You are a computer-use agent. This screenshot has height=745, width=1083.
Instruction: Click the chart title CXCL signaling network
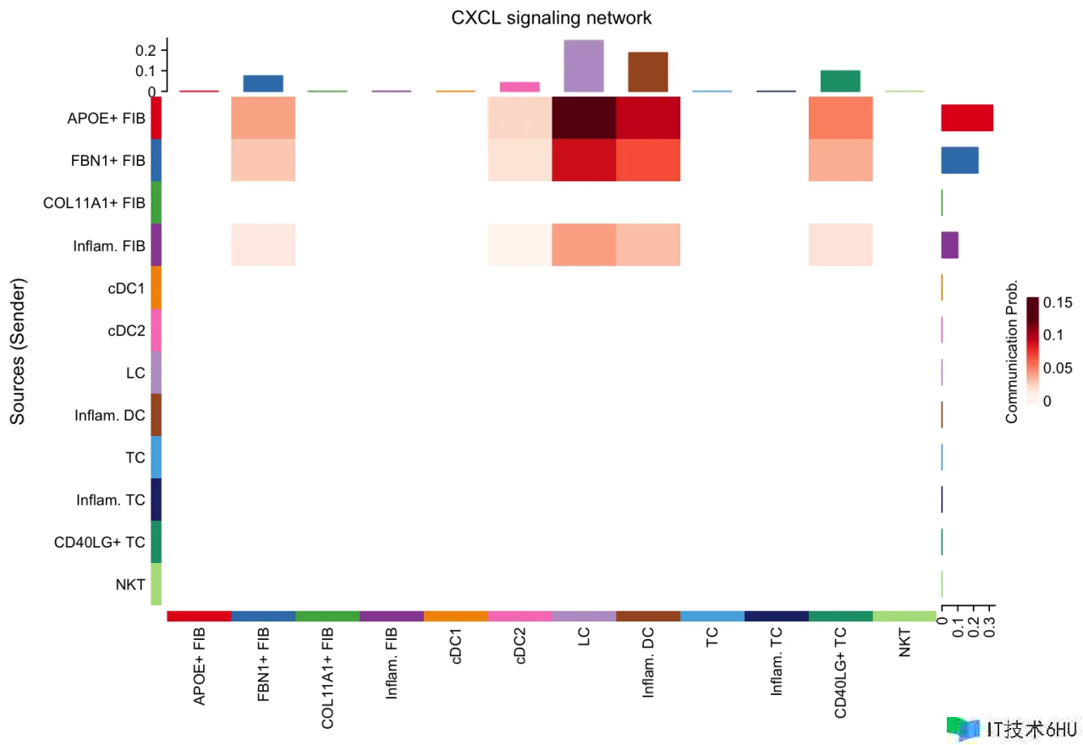pos(552,17)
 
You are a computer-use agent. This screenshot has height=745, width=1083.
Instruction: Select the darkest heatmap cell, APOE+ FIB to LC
pos(584,118)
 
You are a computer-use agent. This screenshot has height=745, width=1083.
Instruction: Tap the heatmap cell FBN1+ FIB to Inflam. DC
pos(648,160)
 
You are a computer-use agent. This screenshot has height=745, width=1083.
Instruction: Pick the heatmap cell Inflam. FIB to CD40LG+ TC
pos(840,245)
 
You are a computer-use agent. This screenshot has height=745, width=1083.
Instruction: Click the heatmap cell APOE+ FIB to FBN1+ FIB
pos(263,118)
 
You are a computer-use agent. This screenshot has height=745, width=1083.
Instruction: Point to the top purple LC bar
pos(584,65)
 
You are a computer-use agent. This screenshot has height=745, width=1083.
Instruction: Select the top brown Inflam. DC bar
pos(648,72)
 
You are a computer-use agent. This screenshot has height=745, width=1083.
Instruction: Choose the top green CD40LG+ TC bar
pos(840,80)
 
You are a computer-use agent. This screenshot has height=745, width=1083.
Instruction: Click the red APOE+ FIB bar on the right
pos(967,118)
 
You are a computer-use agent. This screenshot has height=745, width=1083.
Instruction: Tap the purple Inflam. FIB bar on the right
pos(949,245)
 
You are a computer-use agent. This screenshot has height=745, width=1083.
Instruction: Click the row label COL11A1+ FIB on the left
pos(94,203)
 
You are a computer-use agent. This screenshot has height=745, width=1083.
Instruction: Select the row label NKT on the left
pos(130,584)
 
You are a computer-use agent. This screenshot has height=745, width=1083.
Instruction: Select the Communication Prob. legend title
pos(1012,350)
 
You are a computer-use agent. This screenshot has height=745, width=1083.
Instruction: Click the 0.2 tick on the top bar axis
pos(146,51)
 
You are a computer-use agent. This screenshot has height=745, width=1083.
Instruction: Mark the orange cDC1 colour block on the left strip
pos(156,287)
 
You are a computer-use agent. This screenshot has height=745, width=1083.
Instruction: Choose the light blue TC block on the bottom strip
pos(712,615)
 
